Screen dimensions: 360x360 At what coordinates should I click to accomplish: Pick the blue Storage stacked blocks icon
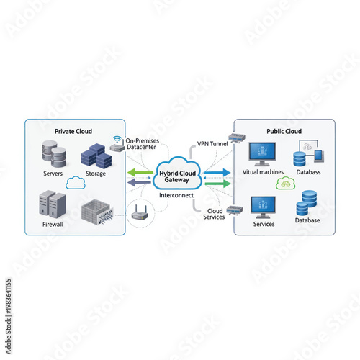coord(94,154)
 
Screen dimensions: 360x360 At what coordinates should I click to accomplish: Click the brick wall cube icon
coord(97,210)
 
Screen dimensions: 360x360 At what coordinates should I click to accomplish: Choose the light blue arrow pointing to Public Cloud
coord(217,173)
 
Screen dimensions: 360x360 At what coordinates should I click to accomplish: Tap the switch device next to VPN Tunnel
coord(237,138)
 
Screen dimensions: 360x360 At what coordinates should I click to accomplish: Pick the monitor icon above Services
coord(263,207)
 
